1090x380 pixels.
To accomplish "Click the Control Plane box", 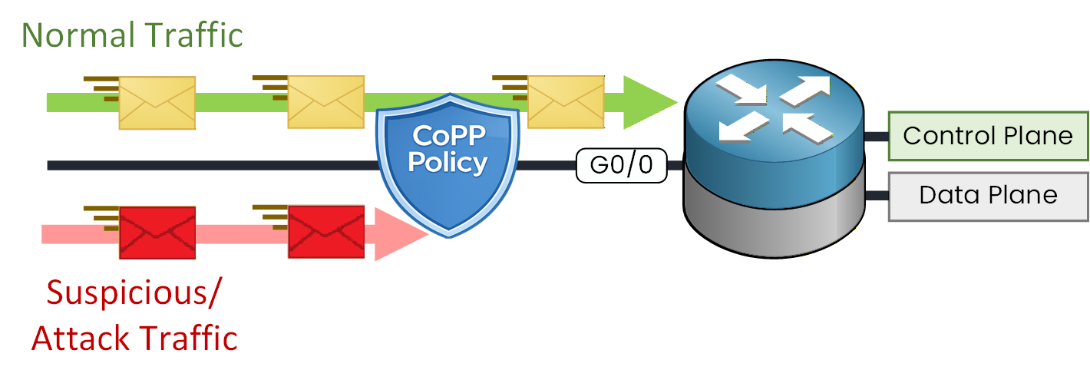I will [988, 136].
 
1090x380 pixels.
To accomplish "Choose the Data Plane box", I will [988, 196].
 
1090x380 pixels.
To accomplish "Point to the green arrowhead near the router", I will [649, 102].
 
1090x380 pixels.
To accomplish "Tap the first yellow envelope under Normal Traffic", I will [157, 102].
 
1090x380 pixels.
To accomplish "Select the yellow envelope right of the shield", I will [566, 102].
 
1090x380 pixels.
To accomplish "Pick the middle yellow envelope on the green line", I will [325, 102].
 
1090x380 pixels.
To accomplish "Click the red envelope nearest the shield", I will [325, 232].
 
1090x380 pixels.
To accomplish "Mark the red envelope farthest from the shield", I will [157, 232].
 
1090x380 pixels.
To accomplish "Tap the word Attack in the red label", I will [81, 338].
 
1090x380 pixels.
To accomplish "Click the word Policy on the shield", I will [448, 163].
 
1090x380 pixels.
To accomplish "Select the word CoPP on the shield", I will [448, 136].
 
